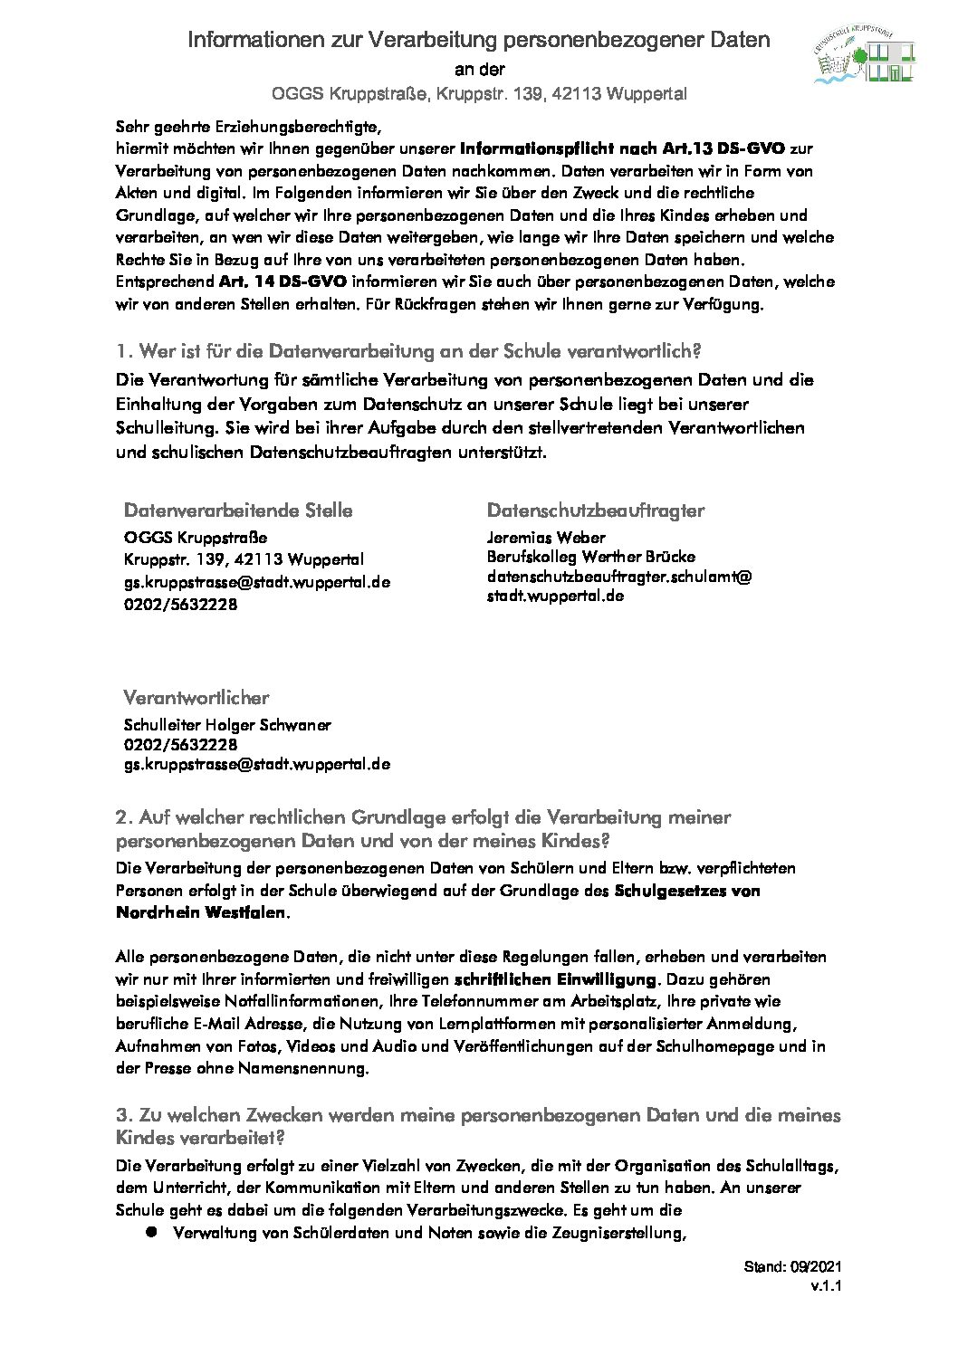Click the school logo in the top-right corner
tap(864, 57)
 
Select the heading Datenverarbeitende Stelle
tap(238, 511)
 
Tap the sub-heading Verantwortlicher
tap(196, 698)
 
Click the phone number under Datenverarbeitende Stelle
tap(180, 604)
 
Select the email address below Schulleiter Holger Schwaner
tap(257, 764)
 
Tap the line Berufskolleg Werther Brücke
tap(591, 557)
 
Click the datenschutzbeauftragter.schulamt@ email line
tap(619, 577)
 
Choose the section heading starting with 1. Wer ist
tap(408, 350)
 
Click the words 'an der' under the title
tap(479, 70)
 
